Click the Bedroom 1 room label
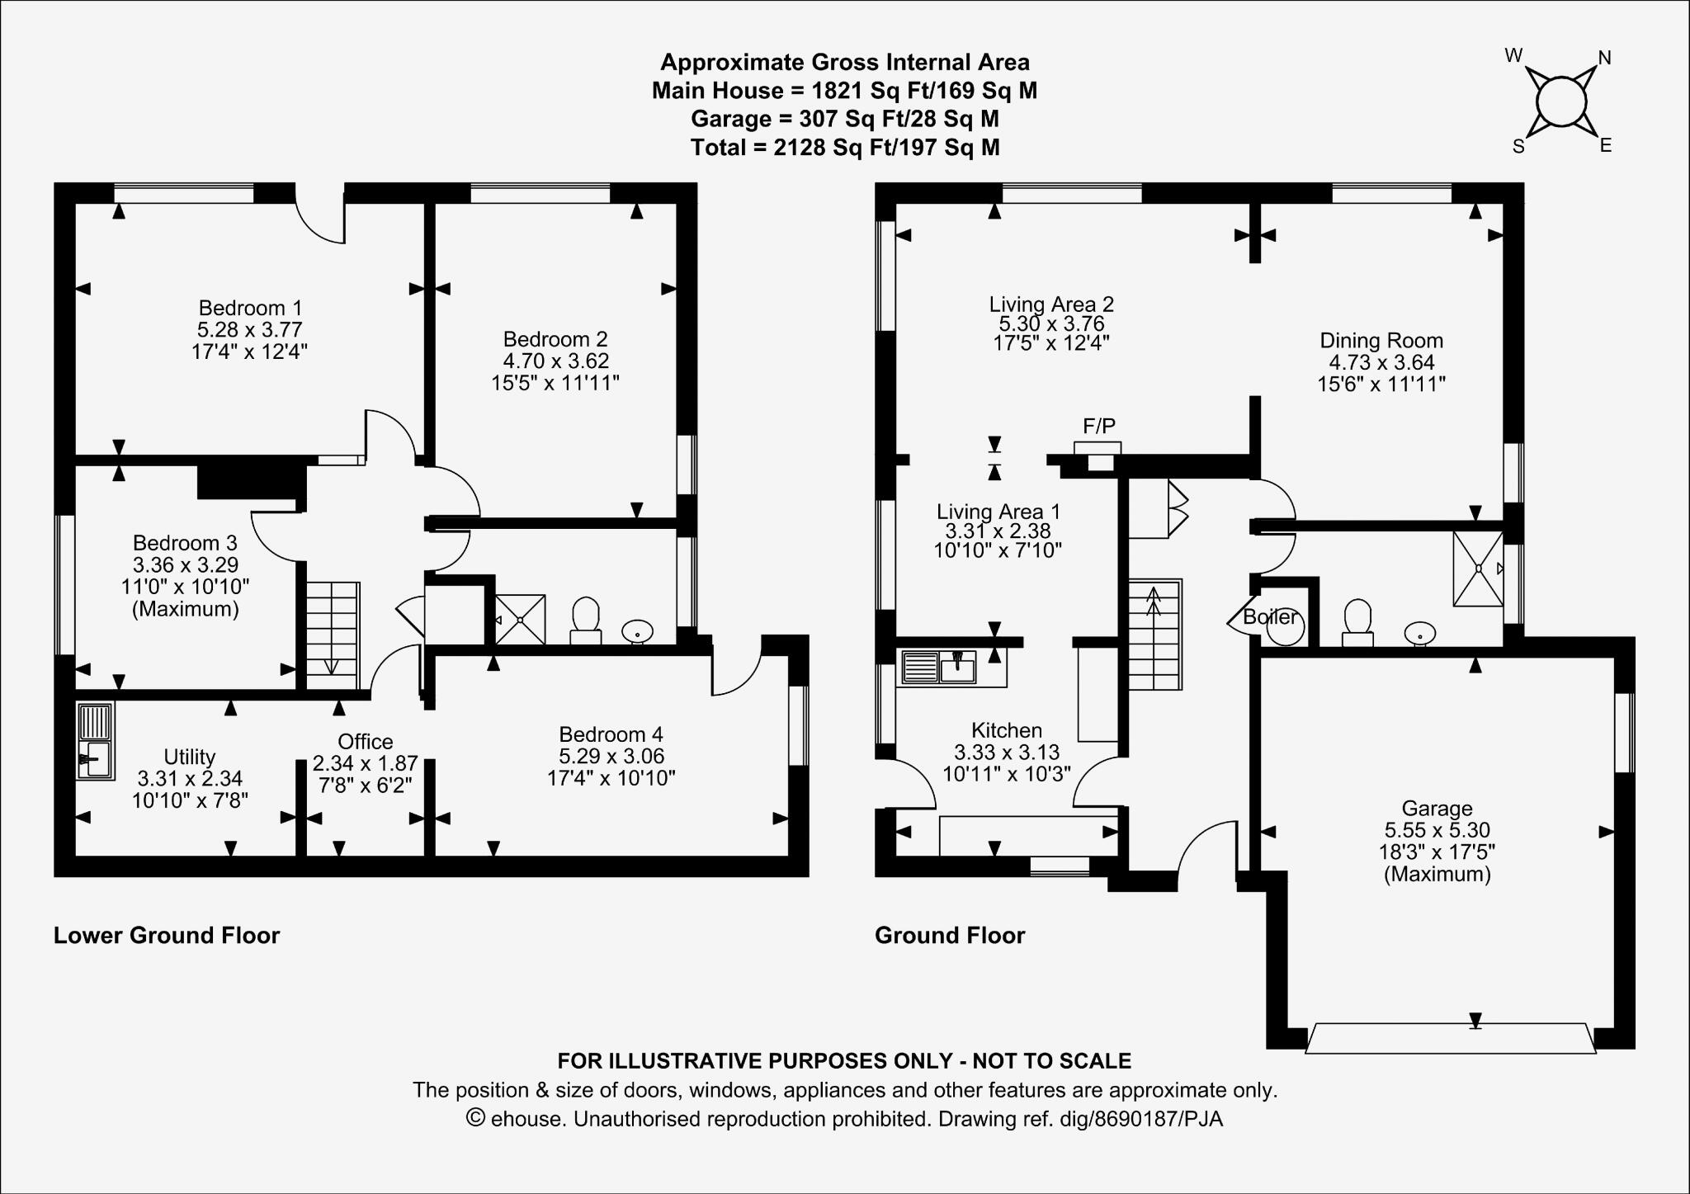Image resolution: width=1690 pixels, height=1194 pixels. click(251, 308)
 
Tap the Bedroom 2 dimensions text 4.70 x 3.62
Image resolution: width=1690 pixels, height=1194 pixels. click(556, 361)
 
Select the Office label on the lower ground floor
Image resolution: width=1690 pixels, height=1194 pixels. click(366, 742)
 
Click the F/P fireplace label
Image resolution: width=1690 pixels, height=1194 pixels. click(1099, 426)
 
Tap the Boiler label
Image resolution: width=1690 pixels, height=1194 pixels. click(1271, 616)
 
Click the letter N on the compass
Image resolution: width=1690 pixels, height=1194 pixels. click(1605, 58)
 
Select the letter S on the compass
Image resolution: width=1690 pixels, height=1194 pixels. click(1518, 148)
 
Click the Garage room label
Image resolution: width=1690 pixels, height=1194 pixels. click(1437, 809)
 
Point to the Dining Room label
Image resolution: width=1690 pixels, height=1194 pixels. click(1381, 340)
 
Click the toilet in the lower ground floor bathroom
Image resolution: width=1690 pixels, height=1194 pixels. click(586, 621)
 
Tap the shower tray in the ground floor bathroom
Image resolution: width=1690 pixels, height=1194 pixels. click(1478, 569)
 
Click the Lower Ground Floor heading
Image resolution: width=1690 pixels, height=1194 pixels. click(167, 936)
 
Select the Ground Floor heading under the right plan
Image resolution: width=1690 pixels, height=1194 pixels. click(950, 936)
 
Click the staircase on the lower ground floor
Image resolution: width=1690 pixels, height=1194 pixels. click(333, 635)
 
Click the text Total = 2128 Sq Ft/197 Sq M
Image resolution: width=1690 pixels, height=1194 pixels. click(845, 148)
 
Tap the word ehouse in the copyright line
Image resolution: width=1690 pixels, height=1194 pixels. click(528, 1119)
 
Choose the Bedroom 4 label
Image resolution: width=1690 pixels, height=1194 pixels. click(611, 734)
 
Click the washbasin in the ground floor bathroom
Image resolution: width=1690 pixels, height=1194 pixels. click(1420, 634)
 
